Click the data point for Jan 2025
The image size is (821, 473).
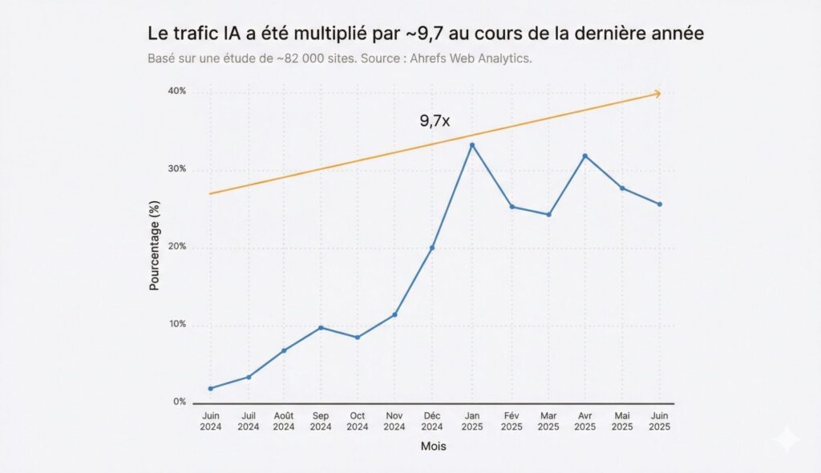(x=471, y=145)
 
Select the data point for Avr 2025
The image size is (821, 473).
(x=585, y=156)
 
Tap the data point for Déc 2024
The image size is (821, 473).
(x=432, y=248)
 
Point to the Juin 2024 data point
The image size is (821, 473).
(x=211, y=389)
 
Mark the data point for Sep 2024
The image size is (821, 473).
(x=321, y=328)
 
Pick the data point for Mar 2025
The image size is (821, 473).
(x=548, y=215)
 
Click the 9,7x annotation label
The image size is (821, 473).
(x=435, y=121)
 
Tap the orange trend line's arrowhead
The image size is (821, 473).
(x=657, y=94)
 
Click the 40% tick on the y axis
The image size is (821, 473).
(x=176, y=91)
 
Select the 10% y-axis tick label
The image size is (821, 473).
(x=176, y=325)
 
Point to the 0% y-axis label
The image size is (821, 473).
(x=180, y=402)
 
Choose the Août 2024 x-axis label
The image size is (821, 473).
(x=284, y=422)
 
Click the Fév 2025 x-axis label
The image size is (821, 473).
(x=512, y=422)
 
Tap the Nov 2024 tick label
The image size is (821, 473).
(x=394, y=422)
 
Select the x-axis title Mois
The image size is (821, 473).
(x=434, y=447)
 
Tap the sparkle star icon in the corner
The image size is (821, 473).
(x=787, y=439)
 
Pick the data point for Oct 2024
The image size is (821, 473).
(x=358, y=338)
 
